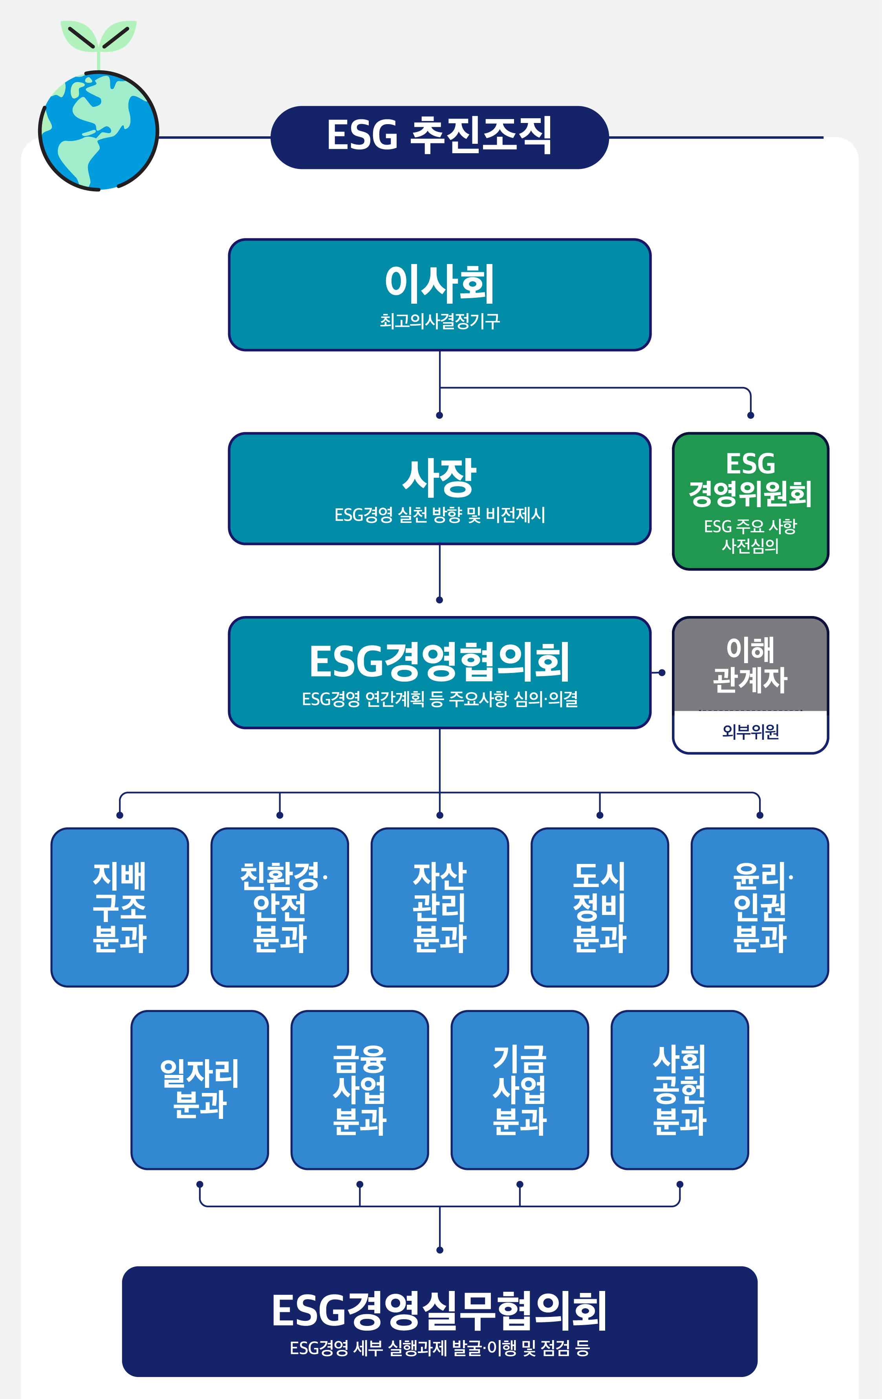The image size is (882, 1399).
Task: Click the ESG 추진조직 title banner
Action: click(439, 137)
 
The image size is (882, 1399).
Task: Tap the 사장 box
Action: click(439, 488)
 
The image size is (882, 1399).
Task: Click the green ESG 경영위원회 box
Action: click(750, 501)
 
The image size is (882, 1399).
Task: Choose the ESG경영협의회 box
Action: click(439, 672)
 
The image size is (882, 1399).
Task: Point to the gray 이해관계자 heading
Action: click(750, 664)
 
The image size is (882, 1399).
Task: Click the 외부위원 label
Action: click(750, 732)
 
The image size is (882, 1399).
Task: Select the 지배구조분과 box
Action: click(120, 907)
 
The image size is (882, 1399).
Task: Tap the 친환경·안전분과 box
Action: click(280, 907)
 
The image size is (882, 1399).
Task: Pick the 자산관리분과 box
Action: click(439, 907)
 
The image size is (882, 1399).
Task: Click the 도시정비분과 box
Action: click(600, 907)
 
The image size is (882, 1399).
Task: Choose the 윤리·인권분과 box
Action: click(759, 907)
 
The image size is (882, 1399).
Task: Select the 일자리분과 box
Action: click(200, 1089)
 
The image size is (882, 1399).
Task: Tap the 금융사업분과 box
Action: click(359, 1089)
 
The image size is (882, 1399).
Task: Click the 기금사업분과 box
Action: click(520, 1089)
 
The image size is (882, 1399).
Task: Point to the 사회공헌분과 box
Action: click(679, 1089)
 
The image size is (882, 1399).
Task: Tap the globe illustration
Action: click(98, 131)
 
